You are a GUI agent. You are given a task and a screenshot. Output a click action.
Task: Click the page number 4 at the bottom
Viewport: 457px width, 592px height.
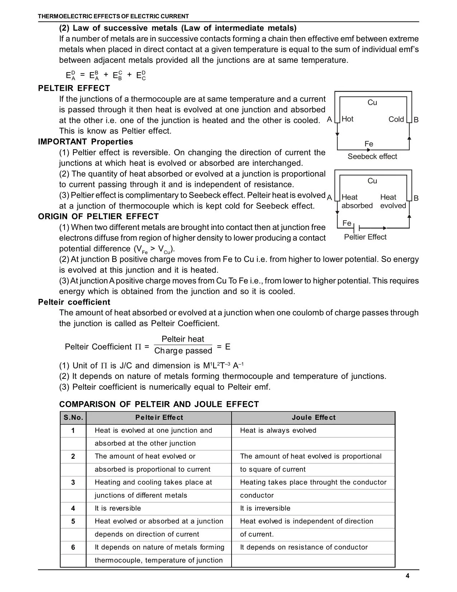(408, 576)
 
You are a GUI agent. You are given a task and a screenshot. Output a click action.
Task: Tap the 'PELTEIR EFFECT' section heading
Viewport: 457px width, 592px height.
(74, 88)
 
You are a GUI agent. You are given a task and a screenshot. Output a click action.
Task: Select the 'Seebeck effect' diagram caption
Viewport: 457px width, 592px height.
(372, 156)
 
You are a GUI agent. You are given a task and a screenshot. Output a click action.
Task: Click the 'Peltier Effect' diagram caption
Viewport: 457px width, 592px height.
(365, 237)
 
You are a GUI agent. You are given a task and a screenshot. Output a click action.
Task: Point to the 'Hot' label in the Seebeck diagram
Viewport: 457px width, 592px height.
(347, 119)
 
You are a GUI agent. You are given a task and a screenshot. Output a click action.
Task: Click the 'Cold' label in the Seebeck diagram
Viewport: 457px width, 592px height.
(396, 119)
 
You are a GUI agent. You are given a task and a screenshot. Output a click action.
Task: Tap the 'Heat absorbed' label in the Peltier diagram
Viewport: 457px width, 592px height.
(357, 201)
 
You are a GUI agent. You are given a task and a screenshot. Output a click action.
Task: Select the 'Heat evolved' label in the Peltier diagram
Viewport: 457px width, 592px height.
(393, 201)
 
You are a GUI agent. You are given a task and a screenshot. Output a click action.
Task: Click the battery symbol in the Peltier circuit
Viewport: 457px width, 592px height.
(357, 228)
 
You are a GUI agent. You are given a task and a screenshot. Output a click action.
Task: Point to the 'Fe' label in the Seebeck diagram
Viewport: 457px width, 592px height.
(369, 144)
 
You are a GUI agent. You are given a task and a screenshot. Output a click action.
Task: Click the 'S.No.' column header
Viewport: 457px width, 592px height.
(73, 418)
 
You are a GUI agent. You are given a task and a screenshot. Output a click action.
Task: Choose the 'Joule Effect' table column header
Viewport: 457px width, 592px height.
(314, 418)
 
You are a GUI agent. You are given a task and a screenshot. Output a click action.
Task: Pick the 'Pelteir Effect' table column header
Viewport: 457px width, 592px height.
(159, 418)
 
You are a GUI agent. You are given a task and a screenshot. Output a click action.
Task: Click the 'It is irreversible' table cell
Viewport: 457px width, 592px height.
(265, 508)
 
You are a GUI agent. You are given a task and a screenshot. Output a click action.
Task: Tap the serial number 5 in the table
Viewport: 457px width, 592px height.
(73, 521)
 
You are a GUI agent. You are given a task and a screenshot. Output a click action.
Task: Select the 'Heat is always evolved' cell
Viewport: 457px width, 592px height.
(278, 431)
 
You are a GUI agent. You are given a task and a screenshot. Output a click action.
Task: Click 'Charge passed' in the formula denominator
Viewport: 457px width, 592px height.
(183, 351)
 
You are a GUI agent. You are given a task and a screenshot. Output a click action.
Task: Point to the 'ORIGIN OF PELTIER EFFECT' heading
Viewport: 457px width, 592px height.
(98, 217)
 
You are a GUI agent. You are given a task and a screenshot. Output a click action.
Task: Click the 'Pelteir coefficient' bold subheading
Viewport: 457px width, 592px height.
(74, 302)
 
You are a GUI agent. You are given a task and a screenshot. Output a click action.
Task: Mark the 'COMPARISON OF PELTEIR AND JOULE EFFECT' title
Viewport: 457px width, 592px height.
(159, 404)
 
